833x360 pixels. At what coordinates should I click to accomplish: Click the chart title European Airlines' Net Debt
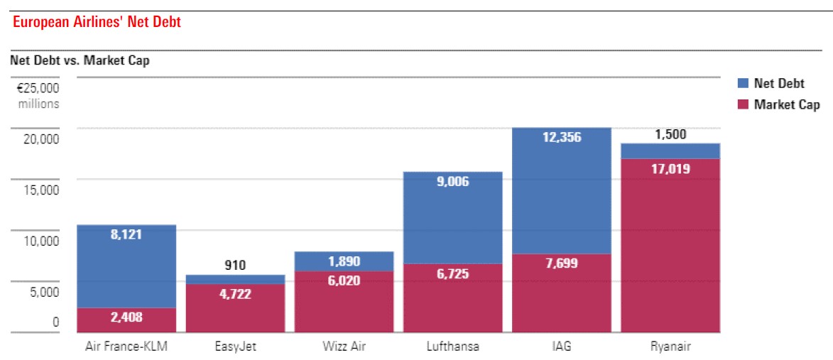click(x=97, y=23)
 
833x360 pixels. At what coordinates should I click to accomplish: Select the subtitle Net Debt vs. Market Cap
click(x=80, y=60)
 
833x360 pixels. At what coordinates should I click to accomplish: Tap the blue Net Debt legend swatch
click(x=743, y=84)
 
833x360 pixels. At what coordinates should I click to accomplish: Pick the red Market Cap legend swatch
click(x=743, y=105)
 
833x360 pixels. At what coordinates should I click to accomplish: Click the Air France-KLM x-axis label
click(x=126, y=347)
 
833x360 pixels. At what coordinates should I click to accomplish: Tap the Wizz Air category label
click(x=344, y=347)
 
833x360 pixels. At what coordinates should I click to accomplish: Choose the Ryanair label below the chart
click(x=670, y=347)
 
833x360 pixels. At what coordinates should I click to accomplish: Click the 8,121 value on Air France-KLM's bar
click(x=126, y=234)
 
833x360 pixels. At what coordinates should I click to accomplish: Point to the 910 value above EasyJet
click(x=235, y=266)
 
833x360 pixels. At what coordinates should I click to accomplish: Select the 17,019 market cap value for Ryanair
click(x=670, y=169)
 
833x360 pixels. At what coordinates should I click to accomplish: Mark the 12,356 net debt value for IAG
click(x=561, y=138)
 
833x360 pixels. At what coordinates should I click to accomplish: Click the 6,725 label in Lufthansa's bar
click(x=452, y=274)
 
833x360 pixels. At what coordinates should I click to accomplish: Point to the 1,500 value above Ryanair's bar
click(x=670, y=134)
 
